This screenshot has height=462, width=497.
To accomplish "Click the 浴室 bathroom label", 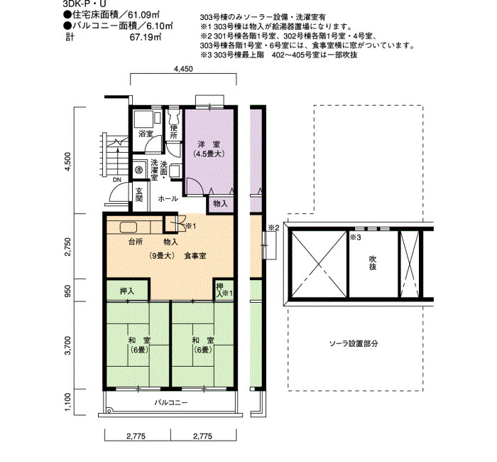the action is point(146,134).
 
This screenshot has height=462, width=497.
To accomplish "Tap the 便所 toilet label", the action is point(173,132).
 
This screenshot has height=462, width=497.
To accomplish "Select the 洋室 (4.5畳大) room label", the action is point(209,149).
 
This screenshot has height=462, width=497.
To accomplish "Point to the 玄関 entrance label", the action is point(139,195).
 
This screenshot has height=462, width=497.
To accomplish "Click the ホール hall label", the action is point(168,199).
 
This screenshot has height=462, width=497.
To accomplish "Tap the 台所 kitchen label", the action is point(136,242).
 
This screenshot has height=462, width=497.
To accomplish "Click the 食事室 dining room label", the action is point(195,256).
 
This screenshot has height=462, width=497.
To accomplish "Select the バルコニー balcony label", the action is point(171,403).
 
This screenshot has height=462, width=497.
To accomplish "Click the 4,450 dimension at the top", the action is point(183,68).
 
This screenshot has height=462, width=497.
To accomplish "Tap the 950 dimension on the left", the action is point(68,290).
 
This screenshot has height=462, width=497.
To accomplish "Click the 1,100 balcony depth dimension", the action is point(68,402).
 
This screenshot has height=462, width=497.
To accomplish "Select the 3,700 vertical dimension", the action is point(68,345).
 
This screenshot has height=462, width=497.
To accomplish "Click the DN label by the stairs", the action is point(117,180).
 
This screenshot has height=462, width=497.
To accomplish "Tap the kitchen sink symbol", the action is point(128,227).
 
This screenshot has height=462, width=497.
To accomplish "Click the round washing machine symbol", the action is point(138,170).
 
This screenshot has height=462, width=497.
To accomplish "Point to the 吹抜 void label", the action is point(373,263).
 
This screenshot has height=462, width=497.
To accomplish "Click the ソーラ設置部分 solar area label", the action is point(354,343).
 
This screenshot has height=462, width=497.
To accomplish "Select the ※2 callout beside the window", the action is point(273,227).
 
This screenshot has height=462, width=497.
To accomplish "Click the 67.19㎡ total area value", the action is point(146,37).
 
